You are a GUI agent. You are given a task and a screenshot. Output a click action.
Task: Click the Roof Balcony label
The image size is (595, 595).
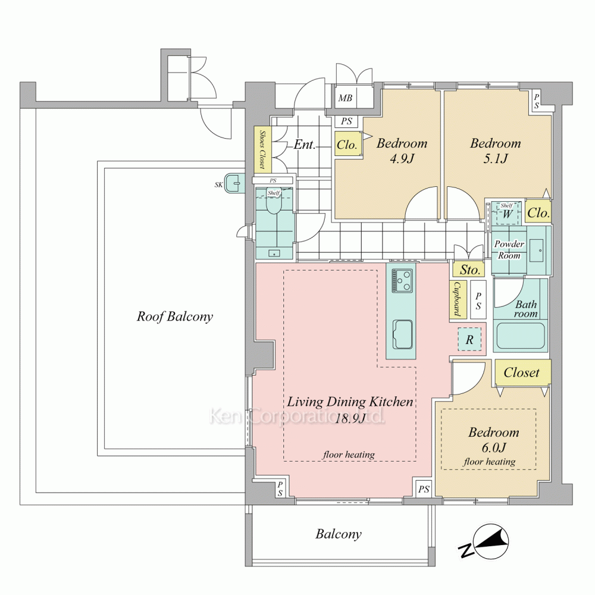point(174,317)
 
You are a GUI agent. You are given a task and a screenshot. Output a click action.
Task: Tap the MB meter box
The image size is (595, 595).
point(345,98)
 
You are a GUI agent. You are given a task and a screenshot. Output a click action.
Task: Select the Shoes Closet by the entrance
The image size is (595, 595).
point(262,149)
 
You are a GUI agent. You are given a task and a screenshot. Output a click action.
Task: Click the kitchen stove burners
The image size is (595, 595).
point(402,280)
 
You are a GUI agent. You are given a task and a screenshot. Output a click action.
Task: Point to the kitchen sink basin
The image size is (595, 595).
point(402,334)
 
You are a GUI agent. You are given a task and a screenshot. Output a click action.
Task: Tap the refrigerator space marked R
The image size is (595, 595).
point(469,339)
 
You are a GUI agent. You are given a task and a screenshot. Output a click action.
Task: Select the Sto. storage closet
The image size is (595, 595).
point(469,270)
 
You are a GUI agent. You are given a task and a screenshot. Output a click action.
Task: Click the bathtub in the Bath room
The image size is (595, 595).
point(520,338)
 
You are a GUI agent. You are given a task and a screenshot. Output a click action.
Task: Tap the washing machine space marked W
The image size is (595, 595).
point(506,213)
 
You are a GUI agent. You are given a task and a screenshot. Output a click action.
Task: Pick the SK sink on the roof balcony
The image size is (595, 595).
point(234,184)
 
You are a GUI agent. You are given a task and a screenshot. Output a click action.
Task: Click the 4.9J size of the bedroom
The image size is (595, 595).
point(402,158)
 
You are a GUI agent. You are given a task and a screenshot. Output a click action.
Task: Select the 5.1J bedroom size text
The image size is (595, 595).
point(495,158)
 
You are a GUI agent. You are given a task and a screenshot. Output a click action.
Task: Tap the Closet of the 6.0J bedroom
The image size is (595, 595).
point(522,372)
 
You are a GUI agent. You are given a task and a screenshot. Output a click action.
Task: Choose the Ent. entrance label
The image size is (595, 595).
point(305,145)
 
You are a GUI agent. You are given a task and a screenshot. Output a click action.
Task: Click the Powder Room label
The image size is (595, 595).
point(509,249)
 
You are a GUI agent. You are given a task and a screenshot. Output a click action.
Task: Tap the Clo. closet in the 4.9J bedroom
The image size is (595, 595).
point(347,144)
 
